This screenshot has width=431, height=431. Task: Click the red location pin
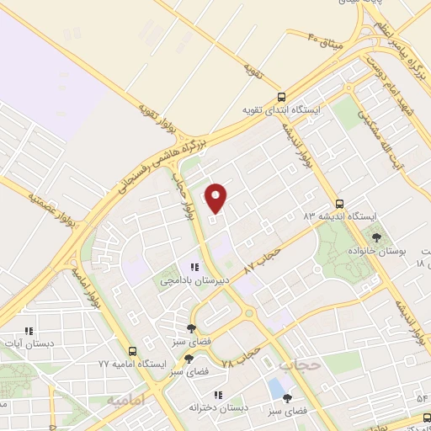click(217, 197)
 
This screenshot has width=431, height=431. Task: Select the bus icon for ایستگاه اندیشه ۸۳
click(339, 203)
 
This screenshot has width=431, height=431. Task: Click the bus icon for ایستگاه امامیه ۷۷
click(131, 350)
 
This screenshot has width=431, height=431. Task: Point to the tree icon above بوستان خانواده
click(376, 237)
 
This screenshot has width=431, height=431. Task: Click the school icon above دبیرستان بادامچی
click(195, 267)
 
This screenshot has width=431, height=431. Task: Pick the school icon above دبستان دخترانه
click(218, 395)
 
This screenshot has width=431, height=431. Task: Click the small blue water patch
click(275, 388)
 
